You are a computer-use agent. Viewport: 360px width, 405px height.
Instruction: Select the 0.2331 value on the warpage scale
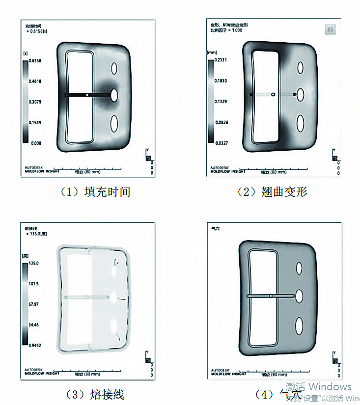point(220,60)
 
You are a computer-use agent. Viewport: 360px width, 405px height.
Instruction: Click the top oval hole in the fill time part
point(114,68)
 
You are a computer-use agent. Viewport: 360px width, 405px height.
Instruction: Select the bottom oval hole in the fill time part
point(114,122)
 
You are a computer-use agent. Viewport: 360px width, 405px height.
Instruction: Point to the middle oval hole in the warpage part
point(301,94)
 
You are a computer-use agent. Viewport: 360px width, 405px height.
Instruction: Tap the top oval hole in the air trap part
point(299,268)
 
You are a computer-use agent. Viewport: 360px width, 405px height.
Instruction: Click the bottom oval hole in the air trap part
point(299,324)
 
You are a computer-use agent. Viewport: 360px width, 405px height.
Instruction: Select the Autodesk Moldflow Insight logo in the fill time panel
point(42,169)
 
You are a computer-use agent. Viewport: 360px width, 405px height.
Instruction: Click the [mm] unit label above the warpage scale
point(212,52)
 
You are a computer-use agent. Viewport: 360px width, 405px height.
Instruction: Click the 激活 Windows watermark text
point(319,387)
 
